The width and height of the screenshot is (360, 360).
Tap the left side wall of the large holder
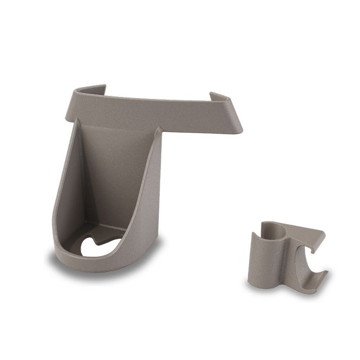tap(68, 195)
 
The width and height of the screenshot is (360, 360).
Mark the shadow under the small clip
tap(271, 290)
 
